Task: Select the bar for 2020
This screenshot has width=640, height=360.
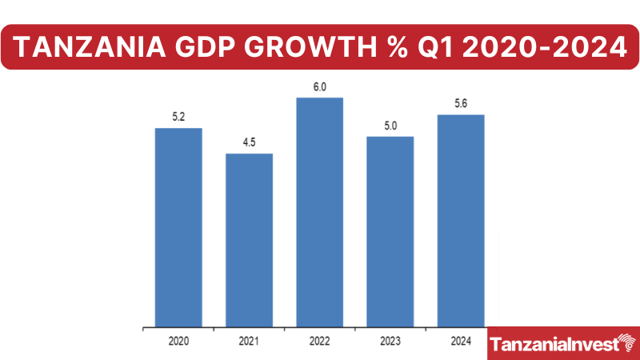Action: (x=178, y=227)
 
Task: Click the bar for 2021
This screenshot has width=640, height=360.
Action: (x=249, y=240)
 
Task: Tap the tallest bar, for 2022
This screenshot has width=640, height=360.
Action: (x=320, y=212)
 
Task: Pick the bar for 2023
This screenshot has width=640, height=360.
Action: (x=390, y=231)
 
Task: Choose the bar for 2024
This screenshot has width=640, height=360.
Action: (x=461, y=221)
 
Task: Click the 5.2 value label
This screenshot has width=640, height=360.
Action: (x=178, y=118)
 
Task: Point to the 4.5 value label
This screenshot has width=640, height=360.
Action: (x=249, y=143)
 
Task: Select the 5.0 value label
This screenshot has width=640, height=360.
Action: (x=390, y=126)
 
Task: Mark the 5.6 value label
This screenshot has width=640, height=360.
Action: (x=461, y=105)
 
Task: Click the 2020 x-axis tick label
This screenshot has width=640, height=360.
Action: (x=178, y=341)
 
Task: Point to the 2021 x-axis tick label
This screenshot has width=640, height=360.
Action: (x=249, y=341)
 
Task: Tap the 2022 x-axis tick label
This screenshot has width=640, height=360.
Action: (x=320, y=341)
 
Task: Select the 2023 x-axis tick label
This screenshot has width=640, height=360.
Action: (x=390, y=341)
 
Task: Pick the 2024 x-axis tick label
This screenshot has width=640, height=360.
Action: (x=461, y=341)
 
